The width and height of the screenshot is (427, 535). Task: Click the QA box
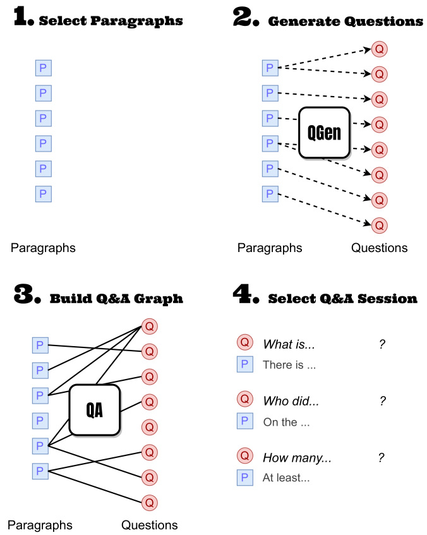point(95,411)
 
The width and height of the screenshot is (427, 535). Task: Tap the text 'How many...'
point(297,458)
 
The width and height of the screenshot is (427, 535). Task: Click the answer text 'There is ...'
point(289,364)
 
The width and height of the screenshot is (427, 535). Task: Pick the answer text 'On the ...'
point(286,423)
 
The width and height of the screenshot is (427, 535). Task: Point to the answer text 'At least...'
point(286,478)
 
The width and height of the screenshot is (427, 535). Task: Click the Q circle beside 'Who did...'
point(244,399)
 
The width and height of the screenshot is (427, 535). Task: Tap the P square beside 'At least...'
point(244,478)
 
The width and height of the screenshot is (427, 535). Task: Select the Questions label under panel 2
point(380,248)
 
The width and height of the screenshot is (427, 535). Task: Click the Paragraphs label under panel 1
point(43,248)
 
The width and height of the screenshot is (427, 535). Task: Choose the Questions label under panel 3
point(150,525)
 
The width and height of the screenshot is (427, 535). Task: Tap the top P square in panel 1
point(43,68)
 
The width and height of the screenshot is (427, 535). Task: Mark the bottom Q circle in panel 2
point(379,225)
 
